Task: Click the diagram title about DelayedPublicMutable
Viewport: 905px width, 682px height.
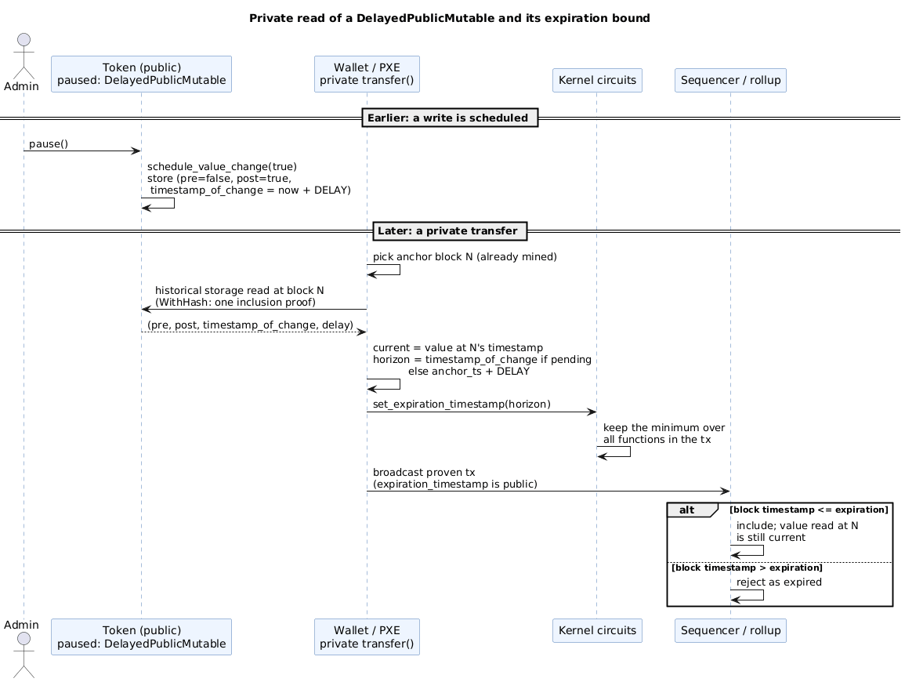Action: coord(449,19)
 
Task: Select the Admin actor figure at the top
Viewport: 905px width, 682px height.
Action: coord(24,56)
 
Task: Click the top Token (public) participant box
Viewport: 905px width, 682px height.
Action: coord(141,74)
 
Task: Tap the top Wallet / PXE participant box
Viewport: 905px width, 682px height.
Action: coord(367,74)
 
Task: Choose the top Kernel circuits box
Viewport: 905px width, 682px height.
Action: coord(597,80)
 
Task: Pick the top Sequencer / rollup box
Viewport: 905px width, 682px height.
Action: coord(731,80)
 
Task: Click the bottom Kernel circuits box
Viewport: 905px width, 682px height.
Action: coord(597,630)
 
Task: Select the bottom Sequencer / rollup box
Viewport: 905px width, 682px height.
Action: coord(731,630)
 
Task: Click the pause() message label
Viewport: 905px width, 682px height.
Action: coord(49,143)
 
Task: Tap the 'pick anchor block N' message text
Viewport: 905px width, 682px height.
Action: coord(465,257)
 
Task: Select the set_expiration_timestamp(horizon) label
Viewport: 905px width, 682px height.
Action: coord(462,404)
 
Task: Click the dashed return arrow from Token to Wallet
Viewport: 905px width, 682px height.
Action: coord(254,332)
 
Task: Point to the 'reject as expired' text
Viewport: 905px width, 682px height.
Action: coord(779,582)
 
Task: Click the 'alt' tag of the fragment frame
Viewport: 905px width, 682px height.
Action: coord(687,510)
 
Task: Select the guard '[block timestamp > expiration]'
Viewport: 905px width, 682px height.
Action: coord(747,568)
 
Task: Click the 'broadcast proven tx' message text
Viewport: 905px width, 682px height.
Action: coord(424,473)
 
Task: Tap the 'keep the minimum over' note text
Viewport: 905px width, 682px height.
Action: coord(664,428)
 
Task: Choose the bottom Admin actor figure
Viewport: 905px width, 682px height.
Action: coord(24,655)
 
